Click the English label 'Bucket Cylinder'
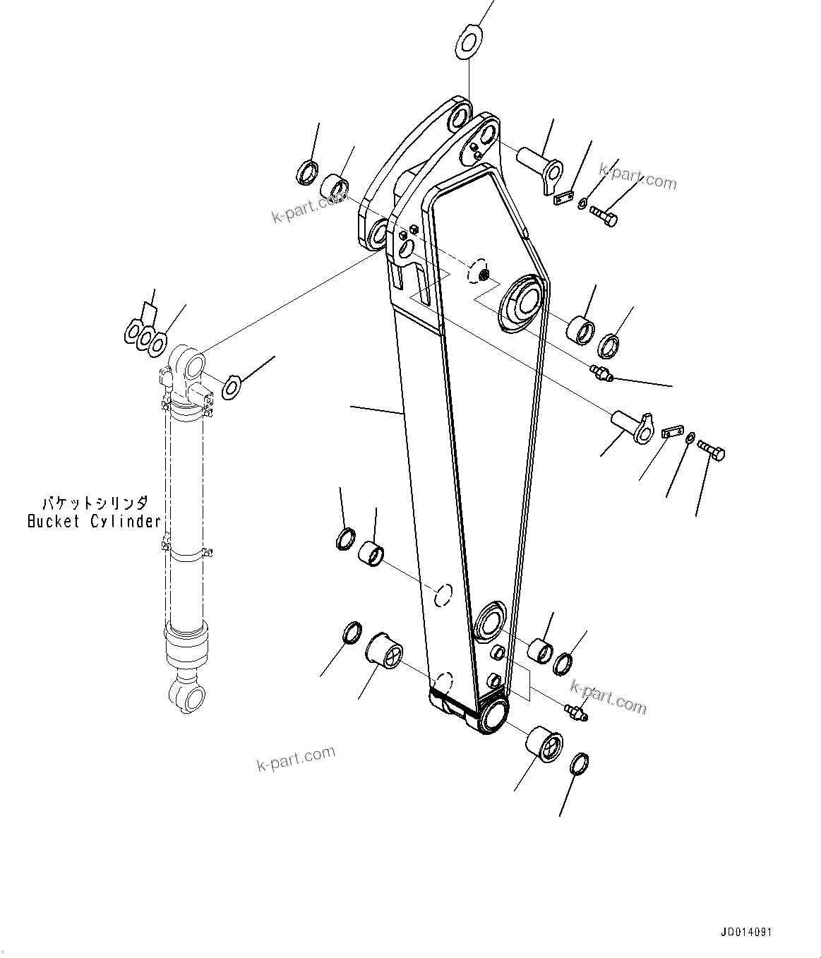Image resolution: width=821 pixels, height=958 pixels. pos(94,522)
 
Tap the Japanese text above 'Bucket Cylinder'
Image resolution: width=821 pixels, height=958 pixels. pos(95,503)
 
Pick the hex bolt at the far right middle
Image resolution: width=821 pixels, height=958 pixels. pos(712,450)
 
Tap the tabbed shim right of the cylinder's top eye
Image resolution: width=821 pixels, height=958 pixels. pos(232,386)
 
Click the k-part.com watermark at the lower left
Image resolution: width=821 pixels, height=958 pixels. pos(296,759)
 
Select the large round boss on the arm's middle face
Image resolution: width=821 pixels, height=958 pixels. pos(522,304)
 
